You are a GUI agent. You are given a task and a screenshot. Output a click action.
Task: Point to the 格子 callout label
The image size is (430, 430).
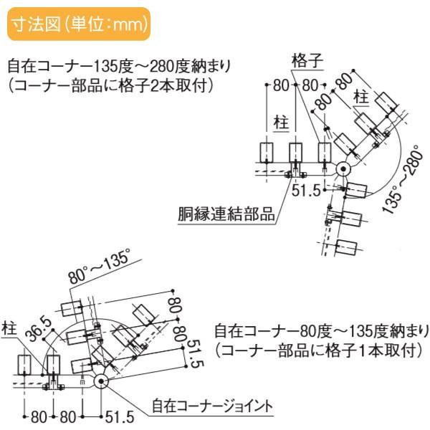pos(306,59)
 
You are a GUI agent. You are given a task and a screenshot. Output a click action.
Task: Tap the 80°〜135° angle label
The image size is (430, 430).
pos(100,267)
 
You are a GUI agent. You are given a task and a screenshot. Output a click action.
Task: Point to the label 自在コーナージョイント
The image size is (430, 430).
pos(212,406)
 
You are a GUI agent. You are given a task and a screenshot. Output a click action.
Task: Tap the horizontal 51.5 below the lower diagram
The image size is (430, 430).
pos(119,416)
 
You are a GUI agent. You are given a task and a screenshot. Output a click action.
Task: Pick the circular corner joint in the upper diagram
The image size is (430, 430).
pos(343,169)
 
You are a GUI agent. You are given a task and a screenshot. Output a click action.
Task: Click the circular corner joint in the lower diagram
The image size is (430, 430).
pos(100,382)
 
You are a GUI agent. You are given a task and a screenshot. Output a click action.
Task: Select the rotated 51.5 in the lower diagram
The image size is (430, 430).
pos(193,355)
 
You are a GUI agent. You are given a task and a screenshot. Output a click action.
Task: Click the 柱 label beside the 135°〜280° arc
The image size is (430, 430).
pos(362,94)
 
